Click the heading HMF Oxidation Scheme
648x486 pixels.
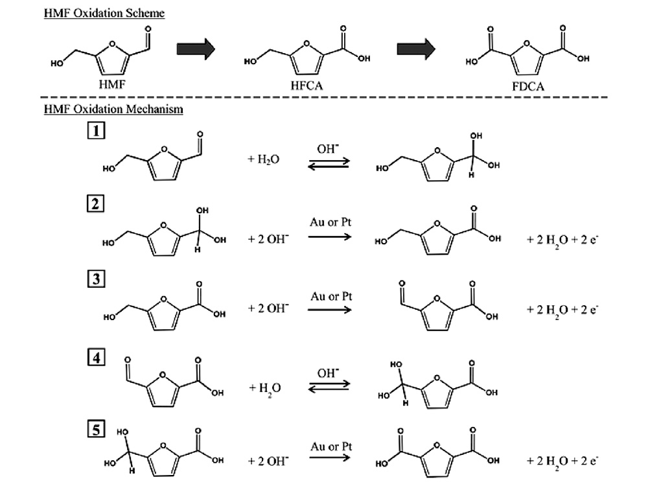click(x=104, y=12)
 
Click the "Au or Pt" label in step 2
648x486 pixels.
click(x=330, y=223)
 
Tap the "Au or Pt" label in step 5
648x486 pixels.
click(x=330, y=443)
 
